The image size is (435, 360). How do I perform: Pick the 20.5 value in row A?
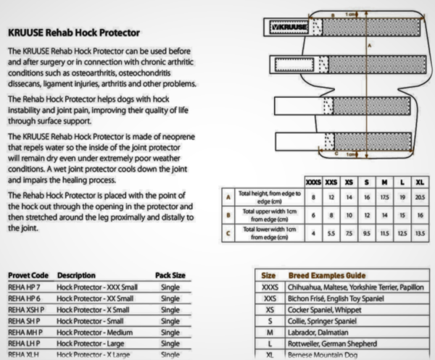418,196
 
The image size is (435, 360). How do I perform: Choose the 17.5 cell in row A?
384,196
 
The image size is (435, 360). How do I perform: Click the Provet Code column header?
28,275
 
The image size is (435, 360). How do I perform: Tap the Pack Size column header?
171,275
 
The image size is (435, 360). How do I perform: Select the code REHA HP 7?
25,287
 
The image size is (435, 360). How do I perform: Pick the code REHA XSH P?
27,309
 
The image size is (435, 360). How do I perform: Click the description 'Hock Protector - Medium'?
96,331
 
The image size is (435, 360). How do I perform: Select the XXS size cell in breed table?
270,298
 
